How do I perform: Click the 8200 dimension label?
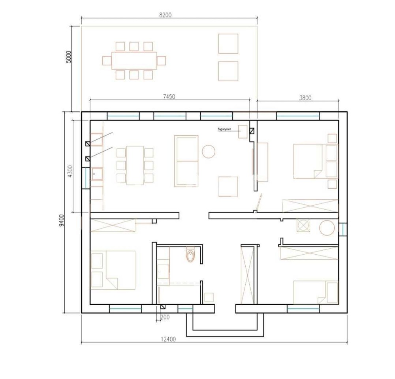point(165,15)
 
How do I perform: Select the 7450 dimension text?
point(169,96)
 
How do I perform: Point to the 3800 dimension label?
point(305,98)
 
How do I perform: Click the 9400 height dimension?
point(62,220)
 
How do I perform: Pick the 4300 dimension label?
point(70,171)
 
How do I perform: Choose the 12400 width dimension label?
point(168,339)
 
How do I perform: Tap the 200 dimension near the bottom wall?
point(165,317)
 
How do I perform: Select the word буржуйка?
point(224,129)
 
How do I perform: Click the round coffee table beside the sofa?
point(209,152)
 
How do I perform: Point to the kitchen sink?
point(97,174)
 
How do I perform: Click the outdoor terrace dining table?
point(134,60)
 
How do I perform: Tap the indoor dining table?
point(135,165)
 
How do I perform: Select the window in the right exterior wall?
point(343,229)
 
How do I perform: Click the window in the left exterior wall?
point(86,178)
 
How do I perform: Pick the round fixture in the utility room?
point(327,228)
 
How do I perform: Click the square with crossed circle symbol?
point(303,225)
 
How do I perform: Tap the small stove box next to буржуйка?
point(243,131)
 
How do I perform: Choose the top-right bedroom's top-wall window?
point(298,116)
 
